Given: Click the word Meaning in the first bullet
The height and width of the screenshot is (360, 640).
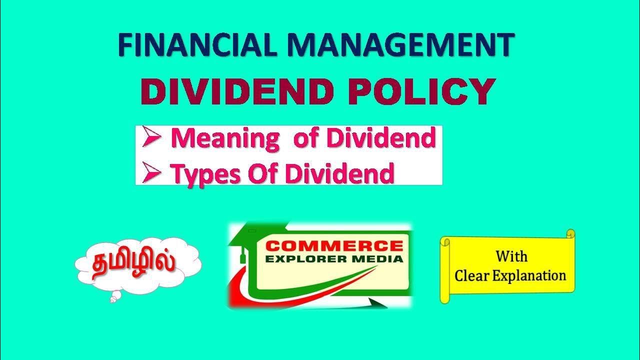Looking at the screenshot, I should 225,138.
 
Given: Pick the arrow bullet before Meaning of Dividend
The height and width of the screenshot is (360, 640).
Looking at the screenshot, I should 151,139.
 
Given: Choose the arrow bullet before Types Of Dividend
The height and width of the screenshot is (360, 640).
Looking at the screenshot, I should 151,173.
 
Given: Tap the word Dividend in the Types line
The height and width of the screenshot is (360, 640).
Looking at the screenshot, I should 339,173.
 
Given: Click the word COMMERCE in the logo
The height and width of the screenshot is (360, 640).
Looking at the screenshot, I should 334,246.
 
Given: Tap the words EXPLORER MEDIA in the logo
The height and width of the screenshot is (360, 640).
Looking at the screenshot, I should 334,258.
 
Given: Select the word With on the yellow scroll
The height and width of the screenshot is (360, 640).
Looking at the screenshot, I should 511,256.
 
